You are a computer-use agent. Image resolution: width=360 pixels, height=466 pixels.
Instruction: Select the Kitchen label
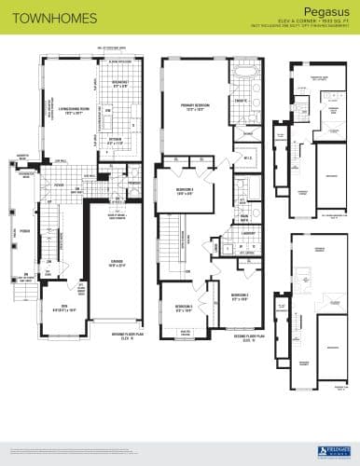pos(118,141)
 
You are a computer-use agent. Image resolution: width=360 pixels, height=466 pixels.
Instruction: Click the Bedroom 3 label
pos(185,190)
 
